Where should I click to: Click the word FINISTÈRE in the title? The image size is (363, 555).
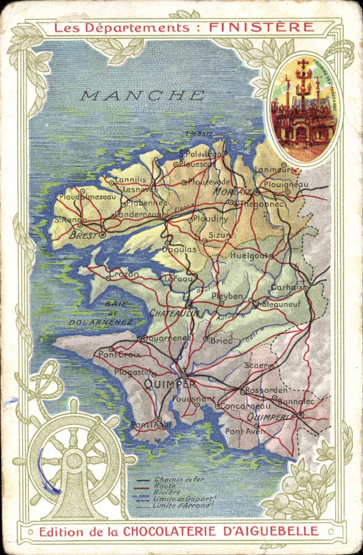coord(261,27)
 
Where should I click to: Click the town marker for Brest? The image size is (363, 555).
coord(103,235)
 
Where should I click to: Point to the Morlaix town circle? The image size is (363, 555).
coord(257,192)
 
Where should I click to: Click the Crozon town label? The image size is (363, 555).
coord(124,274)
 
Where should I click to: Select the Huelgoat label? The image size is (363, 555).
coord(249,256)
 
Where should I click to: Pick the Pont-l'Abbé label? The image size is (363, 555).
coord(152,425)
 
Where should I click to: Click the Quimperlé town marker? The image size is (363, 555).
coord(301,415)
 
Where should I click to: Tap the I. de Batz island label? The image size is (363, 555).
coord(199,134)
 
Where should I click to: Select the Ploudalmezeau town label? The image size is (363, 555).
coord(87,197)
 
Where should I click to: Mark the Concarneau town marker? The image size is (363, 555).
coord(217,407)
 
